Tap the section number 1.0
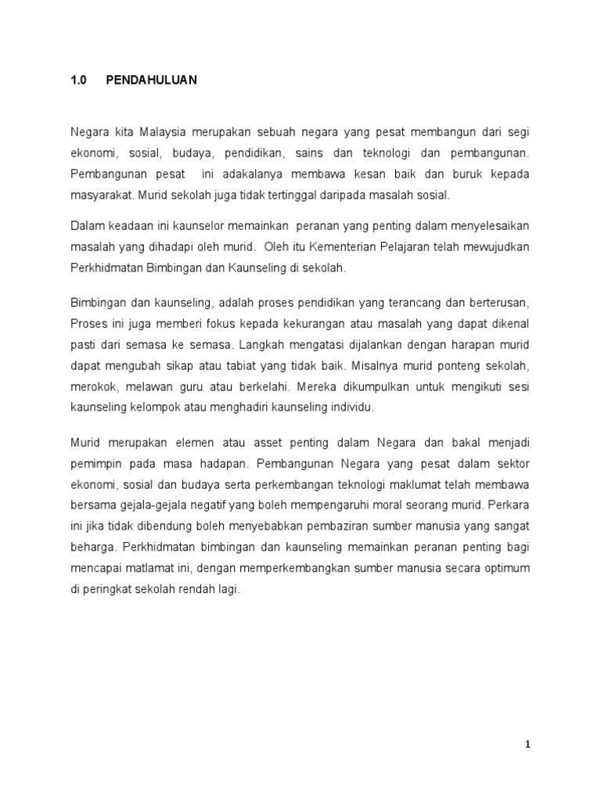click(x=79, y=81)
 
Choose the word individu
click(x=354, y=407)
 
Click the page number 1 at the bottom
click(x=528, y=745)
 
